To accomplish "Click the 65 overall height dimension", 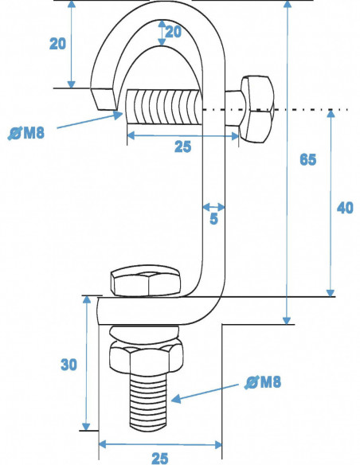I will (307, 159).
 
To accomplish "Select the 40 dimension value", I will (344, 208).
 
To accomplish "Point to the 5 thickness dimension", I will (213, 219).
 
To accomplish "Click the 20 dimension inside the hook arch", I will (173, 32).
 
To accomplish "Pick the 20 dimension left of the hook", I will (58, 44).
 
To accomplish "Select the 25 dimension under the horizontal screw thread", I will (182, 148).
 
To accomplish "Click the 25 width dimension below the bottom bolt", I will (159, 457).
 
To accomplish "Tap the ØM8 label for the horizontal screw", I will (26, 133).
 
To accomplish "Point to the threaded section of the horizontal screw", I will (163, 110).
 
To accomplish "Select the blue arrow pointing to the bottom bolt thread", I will (207, 392).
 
